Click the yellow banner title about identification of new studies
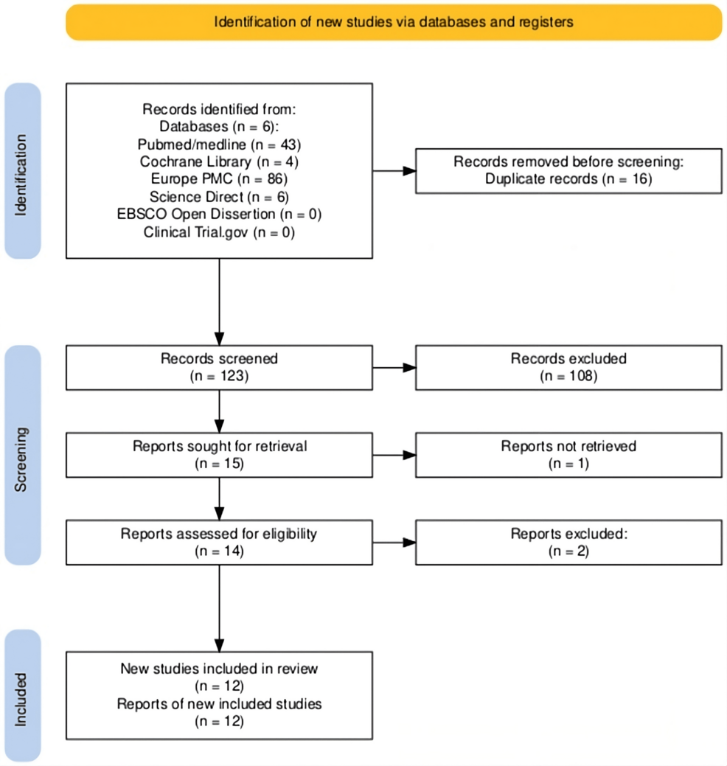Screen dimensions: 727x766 (x=394, y=22)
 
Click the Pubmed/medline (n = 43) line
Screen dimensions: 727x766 (x=220, y=145)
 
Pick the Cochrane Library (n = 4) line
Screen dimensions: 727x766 (x=220, y=161)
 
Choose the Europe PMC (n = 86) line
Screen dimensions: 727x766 (x=220, y=179)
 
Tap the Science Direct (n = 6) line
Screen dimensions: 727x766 (x=220, y=197)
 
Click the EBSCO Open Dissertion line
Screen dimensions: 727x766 (x=220, y=215)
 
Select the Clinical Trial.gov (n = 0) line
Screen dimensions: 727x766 (x=220, y=232)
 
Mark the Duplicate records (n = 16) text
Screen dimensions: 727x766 (x=568, y=179)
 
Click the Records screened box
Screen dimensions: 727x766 (x=220, y=368)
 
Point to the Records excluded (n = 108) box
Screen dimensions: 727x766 (x=568, y=368)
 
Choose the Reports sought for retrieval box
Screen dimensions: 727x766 (x=220, y=455)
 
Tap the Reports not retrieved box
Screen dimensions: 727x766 (x=568, y=455)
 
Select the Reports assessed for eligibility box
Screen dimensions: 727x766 (x=220, y=543)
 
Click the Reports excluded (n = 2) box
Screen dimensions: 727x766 (x=568, y=543)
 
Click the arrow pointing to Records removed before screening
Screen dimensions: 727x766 (x=394, y=171)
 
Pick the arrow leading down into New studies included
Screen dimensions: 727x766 (x=220, y=609)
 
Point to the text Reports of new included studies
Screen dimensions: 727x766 (x=220, y=704)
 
